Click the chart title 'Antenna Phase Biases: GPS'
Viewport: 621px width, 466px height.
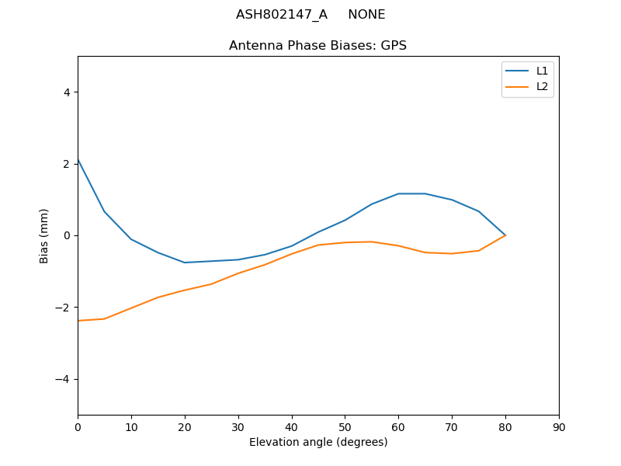(x=317, y=46)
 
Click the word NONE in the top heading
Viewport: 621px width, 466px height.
(x=366, y=15)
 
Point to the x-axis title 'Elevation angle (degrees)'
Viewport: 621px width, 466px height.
(x=318, y=442)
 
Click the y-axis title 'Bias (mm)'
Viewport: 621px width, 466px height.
(x=45, y=235)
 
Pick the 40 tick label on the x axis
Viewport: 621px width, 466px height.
(x=291, y=426)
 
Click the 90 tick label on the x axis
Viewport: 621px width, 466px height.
(x=559, y=426)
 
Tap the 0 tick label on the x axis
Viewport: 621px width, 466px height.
(x=78, y=426)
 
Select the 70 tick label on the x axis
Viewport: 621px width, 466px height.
(x=452, y=426)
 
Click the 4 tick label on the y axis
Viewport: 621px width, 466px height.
(x=66, y=92)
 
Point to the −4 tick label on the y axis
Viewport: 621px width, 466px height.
(x=63, y=379)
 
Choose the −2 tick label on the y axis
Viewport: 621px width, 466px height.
(x=63, y=308)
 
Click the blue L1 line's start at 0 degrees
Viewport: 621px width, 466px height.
(x=78, y=160)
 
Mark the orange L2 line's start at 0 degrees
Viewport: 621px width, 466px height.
(x=78, y=321)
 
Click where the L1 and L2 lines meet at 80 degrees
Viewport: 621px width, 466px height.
(x=505, y=235)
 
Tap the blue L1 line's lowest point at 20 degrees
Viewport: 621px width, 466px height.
(x=185, y=263)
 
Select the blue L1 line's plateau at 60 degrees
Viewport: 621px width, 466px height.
(x=398, y=193)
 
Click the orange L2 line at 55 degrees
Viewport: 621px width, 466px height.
(x=372, y=242)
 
